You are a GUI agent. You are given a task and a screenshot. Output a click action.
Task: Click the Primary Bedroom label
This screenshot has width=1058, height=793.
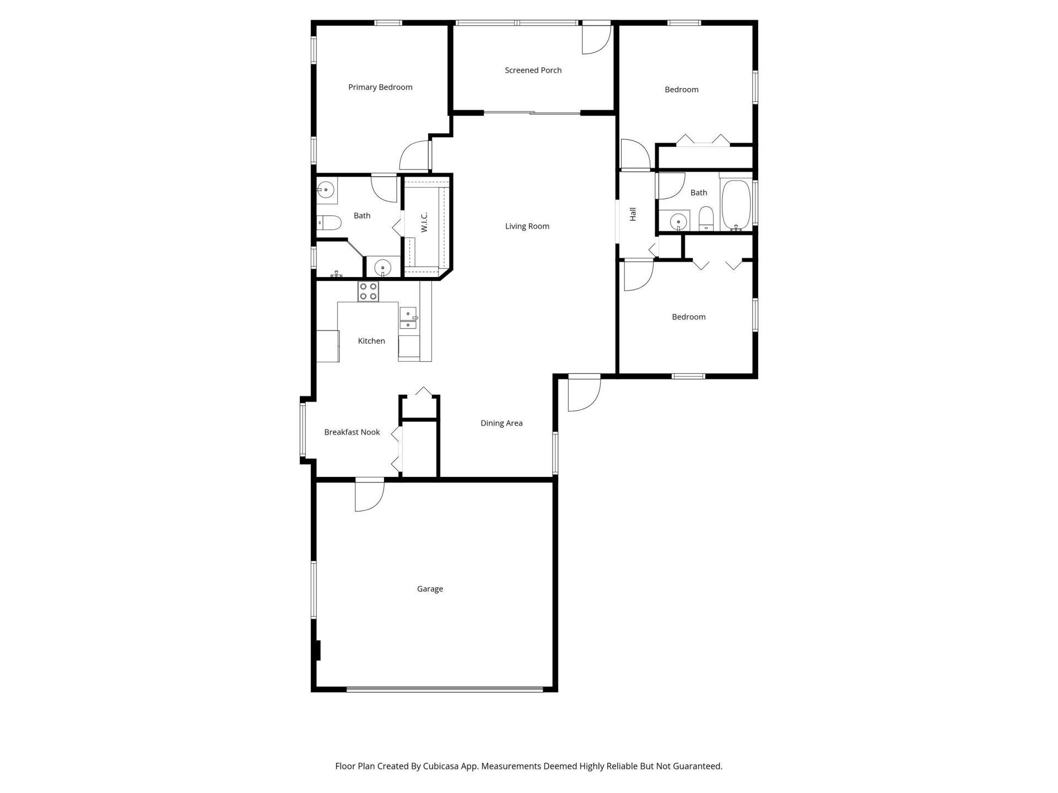click(x=380, y=87)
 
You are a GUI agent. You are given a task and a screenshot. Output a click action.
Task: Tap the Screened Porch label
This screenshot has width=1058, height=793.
click(x=533, y=70)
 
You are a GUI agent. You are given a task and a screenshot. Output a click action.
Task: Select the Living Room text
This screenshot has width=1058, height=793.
click(x=527, y=226)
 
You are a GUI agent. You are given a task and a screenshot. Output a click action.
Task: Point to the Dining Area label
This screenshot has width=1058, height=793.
click(x=501, y=423)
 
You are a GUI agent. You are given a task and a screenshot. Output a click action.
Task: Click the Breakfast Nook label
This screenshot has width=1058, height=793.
click(x=352, y=432)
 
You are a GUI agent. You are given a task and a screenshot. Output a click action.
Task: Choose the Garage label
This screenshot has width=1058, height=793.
click(x=430, y=589)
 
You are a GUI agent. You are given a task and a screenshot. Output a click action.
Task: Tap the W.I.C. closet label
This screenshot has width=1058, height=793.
click(x=424, y=222)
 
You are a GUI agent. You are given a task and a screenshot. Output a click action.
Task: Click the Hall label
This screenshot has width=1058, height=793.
click(x=633, y=214)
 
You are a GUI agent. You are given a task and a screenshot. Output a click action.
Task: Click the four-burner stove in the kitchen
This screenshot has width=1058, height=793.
click(x=368, y=291)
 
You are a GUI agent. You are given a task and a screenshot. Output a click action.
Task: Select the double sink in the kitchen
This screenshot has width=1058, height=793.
click(x=408, y=319)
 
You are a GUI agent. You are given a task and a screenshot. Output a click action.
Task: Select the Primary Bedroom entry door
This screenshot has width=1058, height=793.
click(x=415, y=156)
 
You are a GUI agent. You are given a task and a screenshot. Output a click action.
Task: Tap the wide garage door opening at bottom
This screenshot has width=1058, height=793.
click(x=444, y=688)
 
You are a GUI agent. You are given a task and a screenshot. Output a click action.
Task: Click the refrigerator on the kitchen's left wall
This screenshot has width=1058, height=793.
click(x=327, y=346)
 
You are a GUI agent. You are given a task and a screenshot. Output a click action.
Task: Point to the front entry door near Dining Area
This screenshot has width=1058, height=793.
click(x=583, y=393)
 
